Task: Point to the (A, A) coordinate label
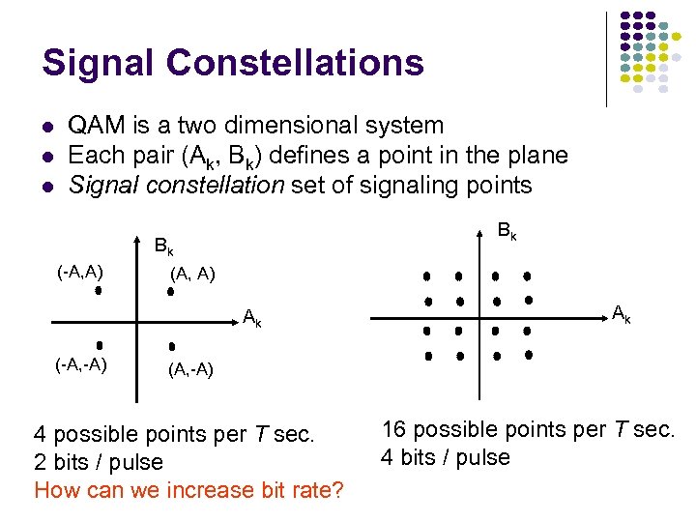point(192,275)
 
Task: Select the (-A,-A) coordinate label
point(81,364)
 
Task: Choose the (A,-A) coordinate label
point(190,369)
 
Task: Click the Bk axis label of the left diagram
point(164,246)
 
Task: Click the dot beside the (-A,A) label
point(98,289)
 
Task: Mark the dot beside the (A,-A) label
point(171,345)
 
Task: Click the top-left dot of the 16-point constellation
point(426,276)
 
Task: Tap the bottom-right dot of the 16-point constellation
point(529,355)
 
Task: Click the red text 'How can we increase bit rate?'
point(188,490)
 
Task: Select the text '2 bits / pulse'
point(99,462)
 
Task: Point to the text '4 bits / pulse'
point(446,457)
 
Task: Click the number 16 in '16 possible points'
point(395,429)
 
